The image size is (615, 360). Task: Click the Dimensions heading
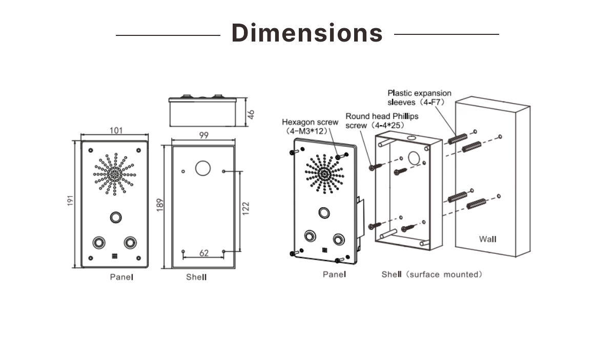tap(307, 33)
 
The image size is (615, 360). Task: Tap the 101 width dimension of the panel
tap(116, 130)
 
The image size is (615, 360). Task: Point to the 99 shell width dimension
tap(203, 135)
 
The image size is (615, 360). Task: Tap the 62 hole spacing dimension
tap(203, 253)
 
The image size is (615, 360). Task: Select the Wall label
tap(487, 239)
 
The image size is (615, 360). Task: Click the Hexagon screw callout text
tap(310, 127)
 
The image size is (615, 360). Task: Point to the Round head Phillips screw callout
tap(382, 121)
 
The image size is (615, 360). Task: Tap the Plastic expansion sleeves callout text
tap(419, 97)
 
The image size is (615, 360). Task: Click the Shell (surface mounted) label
tap(432, 274)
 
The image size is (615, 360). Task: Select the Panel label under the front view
tap(121, 277)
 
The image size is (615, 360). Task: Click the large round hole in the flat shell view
tap(203, 168)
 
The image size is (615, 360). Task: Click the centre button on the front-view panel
tap(115, 217)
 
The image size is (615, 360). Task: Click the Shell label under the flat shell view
tap(196, 277)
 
